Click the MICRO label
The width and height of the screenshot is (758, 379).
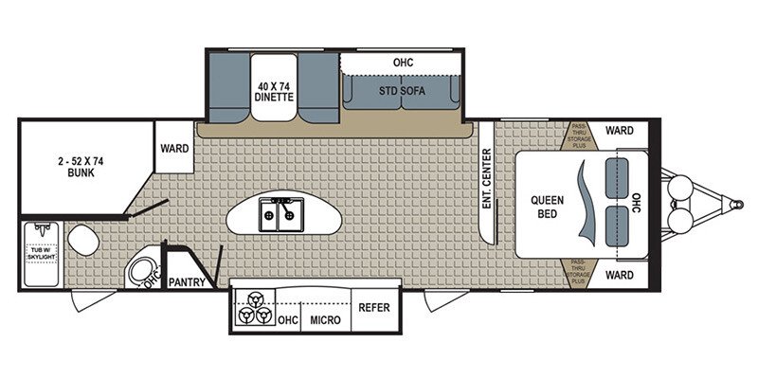325,319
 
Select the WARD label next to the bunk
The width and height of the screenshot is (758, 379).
174,149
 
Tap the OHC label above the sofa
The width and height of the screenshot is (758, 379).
404,63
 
